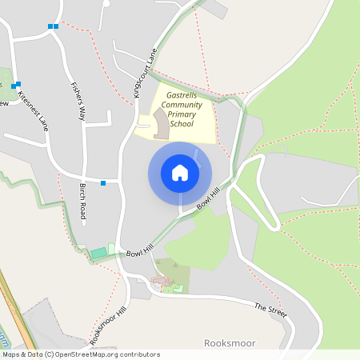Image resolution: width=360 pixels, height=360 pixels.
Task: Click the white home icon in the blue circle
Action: click(179, 173)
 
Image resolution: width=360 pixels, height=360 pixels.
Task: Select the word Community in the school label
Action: click(182, 105)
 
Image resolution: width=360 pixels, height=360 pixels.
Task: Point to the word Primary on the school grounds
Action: click(182, 114)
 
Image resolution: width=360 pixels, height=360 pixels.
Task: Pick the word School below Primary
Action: click(182, 124)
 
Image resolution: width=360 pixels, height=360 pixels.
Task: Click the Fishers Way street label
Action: click(78, 101)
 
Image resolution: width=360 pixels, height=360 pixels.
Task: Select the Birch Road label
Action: click(82, 201)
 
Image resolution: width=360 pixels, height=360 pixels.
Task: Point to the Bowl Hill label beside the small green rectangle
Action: click(139, 250)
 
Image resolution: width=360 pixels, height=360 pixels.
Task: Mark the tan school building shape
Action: click(162, 125)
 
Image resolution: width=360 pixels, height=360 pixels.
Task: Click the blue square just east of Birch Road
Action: click(103, 183)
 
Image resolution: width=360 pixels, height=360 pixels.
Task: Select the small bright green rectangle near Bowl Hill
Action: click(98, 253)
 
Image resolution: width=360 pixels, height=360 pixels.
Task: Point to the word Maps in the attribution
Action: click(11, 354)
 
